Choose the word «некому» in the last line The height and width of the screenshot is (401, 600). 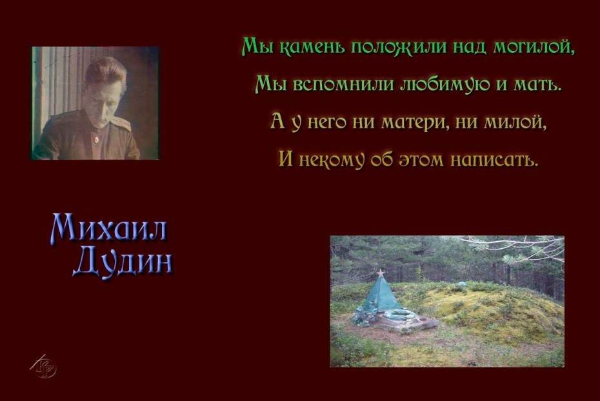331,159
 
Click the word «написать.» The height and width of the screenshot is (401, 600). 494,159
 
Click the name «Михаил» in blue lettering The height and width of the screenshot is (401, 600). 108,229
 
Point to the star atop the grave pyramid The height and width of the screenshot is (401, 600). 380,273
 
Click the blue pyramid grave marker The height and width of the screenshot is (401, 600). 381,295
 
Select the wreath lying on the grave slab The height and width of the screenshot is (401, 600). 399,315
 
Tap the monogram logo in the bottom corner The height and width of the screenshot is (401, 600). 44,367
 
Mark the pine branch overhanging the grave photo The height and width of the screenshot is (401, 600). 513,248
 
